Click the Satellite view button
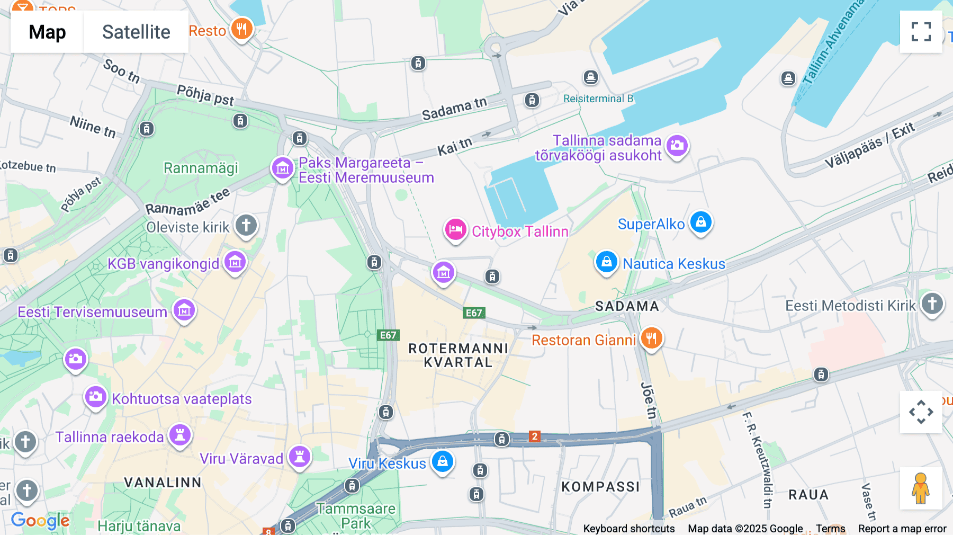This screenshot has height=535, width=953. coord(136,32)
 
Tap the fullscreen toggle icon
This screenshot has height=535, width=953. coord(921,32)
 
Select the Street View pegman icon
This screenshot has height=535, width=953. coord(921,488)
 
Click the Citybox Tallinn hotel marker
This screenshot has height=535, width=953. coord(455,230)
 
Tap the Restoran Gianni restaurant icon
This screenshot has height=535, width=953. coord(651,338)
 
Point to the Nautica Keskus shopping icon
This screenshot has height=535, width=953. coord(607,262)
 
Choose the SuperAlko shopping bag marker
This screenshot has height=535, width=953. coord(701,222)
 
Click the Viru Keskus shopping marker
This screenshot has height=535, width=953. coord(443,462)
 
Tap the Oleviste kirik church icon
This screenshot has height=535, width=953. coord(246,226)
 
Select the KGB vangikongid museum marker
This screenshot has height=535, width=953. coord(235,262)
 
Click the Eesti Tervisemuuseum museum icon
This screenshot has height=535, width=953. coord(184,311)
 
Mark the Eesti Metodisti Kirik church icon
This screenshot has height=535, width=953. coord(932,304)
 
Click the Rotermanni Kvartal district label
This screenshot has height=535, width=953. coord(458,355)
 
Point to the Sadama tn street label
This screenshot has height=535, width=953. coord(454,109)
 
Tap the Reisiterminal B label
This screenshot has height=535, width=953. coord(598,99)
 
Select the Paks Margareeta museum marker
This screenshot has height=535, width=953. coord(282,168)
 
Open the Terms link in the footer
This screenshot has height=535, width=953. coord(830,528)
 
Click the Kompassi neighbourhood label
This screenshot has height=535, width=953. coord(600,487)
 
